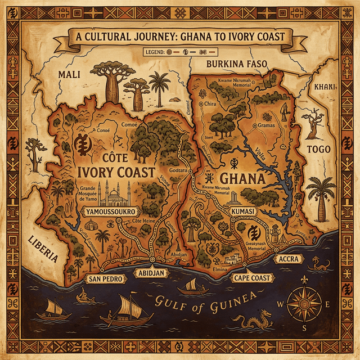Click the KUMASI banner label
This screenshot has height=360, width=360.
coord(244,210)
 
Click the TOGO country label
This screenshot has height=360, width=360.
coord(318,149)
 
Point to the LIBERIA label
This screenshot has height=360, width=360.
coord(43,249)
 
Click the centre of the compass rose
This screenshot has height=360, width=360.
coord(303,304)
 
